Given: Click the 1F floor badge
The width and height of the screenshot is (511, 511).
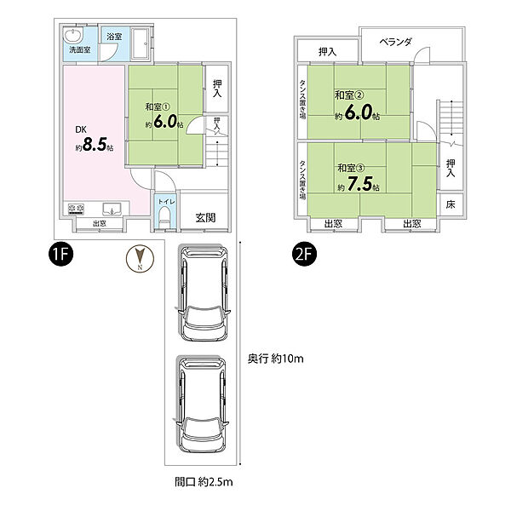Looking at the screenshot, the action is pos(60,254).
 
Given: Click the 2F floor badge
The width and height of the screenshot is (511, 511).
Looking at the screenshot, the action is pos(304,254).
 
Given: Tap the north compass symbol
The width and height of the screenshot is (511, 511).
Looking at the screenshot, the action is pos(140,259).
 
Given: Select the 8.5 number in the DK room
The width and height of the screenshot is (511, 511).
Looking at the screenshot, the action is pos(95,145).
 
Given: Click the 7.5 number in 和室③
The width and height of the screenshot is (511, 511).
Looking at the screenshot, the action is pos(359,183).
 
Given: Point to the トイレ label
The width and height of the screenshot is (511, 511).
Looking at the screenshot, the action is pos(167,202).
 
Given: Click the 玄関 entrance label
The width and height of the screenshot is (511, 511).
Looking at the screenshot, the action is pos(205,217).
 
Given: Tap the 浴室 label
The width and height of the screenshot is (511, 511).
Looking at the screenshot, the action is pos(114,36).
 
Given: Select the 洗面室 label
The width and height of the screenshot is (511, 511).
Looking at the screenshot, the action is pos(80,50).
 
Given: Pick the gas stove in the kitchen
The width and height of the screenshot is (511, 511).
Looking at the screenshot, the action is pos(76,209).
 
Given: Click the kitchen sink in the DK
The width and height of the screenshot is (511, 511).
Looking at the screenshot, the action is pos(112,209).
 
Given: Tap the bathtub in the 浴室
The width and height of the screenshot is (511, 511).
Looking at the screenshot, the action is pos(141,43).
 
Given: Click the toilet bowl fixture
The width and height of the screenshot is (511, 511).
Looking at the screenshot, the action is pos(164,219).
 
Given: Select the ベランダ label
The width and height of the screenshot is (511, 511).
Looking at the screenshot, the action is pos(396,42).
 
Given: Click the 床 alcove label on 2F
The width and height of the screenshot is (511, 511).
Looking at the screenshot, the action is pos(451,204).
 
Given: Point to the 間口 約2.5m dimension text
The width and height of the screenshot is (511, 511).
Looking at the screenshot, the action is pos(204,482).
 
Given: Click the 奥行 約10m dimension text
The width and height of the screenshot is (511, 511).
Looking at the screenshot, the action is pos(275,359).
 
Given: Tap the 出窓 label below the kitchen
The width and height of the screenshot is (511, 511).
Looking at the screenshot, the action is pos(100,223).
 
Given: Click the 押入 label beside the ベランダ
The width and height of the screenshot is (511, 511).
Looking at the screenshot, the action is pos(327,51).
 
